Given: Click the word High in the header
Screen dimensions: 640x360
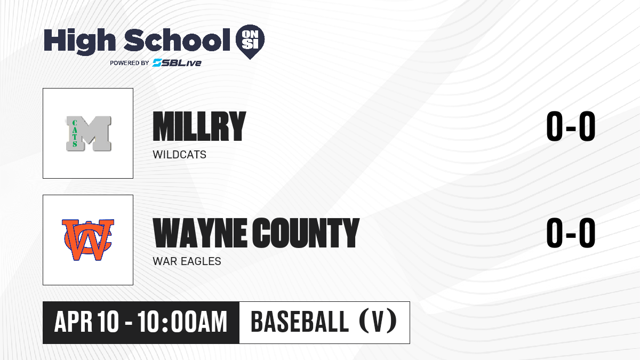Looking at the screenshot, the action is (79, 41).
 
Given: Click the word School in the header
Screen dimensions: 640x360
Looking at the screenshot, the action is (177, 40).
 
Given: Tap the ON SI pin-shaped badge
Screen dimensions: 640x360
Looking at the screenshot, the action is (250, 42).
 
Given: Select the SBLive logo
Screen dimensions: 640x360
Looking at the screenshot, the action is (177, 63).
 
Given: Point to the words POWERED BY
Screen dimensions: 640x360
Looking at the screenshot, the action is (129, 63).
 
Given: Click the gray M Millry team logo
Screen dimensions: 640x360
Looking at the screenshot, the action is (89, 133).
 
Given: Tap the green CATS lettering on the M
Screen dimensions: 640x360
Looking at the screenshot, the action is (75, 133).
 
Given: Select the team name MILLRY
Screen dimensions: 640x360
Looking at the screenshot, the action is (199, 126).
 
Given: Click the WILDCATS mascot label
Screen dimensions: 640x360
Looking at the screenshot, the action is (179, 155).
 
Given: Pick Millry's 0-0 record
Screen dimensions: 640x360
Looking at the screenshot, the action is (571, 126).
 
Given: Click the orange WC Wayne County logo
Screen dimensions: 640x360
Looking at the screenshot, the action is (88, 239).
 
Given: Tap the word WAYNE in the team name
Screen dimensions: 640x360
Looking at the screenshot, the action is (199, 233).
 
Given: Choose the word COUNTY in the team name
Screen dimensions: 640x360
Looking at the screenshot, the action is (306, 233).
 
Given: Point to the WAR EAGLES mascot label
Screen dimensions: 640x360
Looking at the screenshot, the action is (187, 261).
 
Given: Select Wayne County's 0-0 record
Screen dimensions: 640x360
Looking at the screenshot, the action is (571, 233).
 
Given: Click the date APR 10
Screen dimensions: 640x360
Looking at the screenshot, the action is (86, 322).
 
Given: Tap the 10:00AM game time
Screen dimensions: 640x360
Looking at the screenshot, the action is (182, 322).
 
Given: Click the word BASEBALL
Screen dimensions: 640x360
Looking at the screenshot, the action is (300, 322).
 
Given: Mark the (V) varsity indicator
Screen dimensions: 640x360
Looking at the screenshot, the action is (378, 322).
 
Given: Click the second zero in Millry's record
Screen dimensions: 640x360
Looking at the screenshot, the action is (587, 126).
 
